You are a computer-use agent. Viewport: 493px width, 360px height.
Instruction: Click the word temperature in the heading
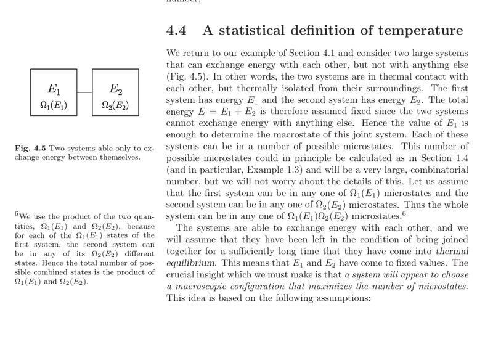419,30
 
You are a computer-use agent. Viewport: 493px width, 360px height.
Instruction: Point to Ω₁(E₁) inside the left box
54,105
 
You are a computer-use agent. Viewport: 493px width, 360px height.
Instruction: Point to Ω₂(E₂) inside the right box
115,105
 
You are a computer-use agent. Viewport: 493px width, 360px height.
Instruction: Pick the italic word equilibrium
190,263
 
